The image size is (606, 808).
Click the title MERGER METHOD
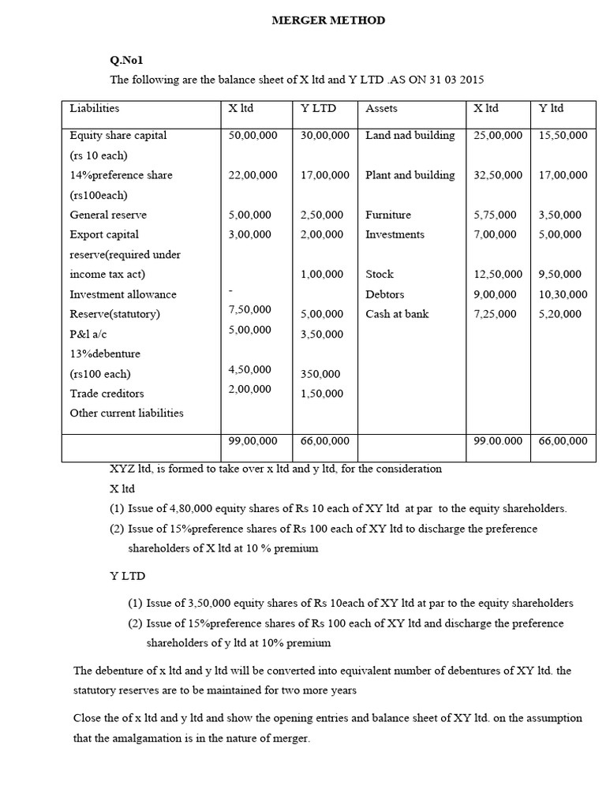[328, 21]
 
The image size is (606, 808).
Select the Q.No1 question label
[126, 60]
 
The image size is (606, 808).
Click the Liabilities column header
[95, 108]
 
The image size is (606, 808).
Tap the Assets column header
[381, 108]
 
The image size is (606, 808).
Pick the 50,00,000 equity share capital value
[252, 136]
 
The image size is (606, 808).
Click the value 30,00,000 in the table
[324, 136]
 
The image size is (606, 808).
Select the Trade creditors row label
[107, 393]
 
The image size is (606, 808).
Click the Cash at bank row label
[397, 314]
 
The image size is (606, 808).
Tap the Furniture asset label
[387, 215]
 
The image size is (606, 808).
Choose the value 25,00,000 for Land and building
[497, 136]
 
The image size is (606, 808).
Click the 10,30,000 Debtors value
[563, 294]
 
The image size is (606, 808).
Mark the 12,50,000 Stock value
[497, 275]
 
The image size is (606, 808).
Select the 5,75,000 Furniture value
[495, 215]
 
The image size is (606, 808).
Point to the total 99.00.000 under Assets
[497, 441]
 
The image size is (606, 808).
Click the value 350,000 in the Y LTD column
[321, 374]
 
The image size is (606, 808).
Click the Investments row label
[395, 234]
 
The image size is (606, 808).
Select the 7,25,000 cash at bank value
[495, 314]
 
